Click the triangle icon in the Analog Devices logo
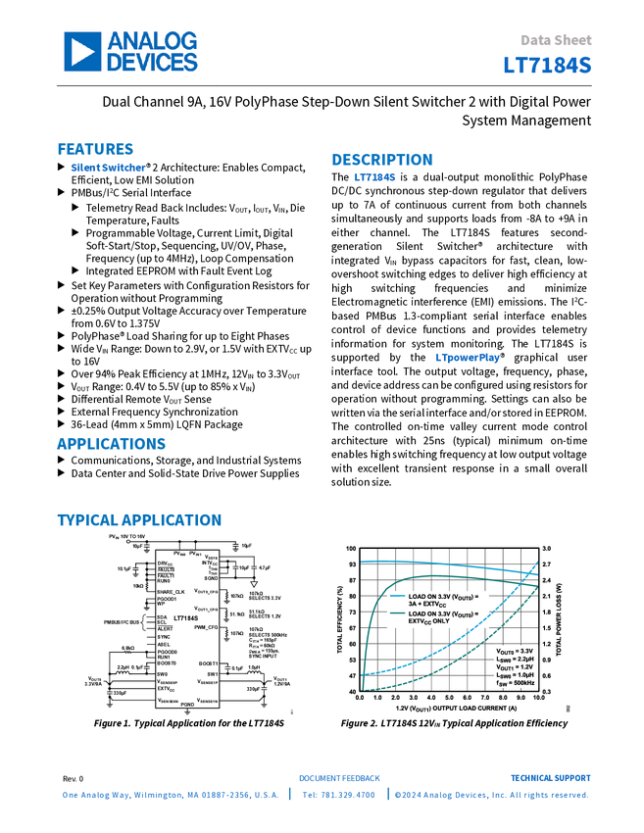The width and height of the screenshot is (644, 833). (x=83, y=51)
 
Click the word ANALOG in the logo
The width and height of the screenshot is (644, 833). (x=153, y=41)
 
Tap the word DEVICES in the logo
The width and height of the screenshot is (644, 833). (x=153, y=62)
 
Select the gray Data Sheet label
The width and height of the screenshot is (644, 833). (x=557, y=40)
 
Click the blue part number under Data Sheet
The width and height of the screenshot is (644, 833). (x=548, y=65)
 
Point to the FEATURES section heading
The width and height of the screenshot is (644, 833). (x=95, y=149)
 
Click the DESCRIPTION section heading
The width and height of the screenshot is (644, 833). (x=382, y=160)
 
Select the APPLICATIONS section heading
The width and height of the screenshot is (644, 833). (x=111, y=444)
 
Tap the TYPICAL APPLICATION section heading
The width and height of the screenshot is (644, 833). (x=138, y=520)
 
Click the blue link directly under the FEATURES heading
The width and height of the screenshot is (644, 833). (x=108, y=168)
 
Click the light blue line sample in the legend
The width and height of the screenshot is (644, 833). (x=396, y=596)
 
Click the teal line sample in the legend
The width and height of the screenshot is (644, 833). (x=396, y=613)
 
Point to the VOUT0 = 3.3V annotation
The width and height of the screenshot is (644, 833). (x=514, y=651)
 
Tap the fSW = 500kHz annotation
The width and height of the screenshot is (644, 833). (x=514, y=683)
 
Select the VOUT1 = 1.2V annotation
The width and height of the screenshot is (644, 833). (x=514, y=667)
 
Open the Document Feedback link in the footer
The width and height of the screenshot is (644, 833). (x=339, y=777)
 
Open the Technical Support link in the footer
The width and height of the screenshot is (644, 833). (x=550, y=777)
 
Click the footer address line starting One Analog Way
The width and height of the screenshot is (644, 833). (x=172, y=796)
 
